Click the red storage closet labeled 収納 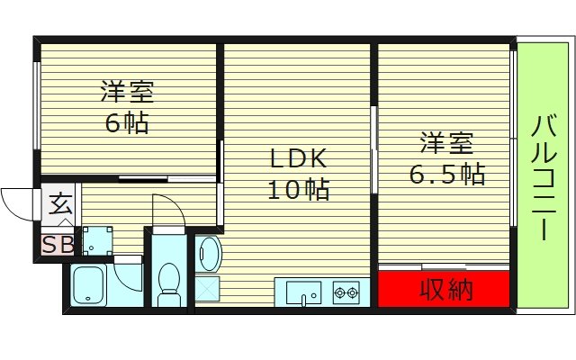(x=444, y=290)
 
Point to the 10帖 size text (x=297, y=190)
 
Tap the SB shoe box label (x=57, y=244)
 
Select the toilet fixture (x=167, y=282)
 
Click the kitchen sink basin (x=303, y=292)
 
